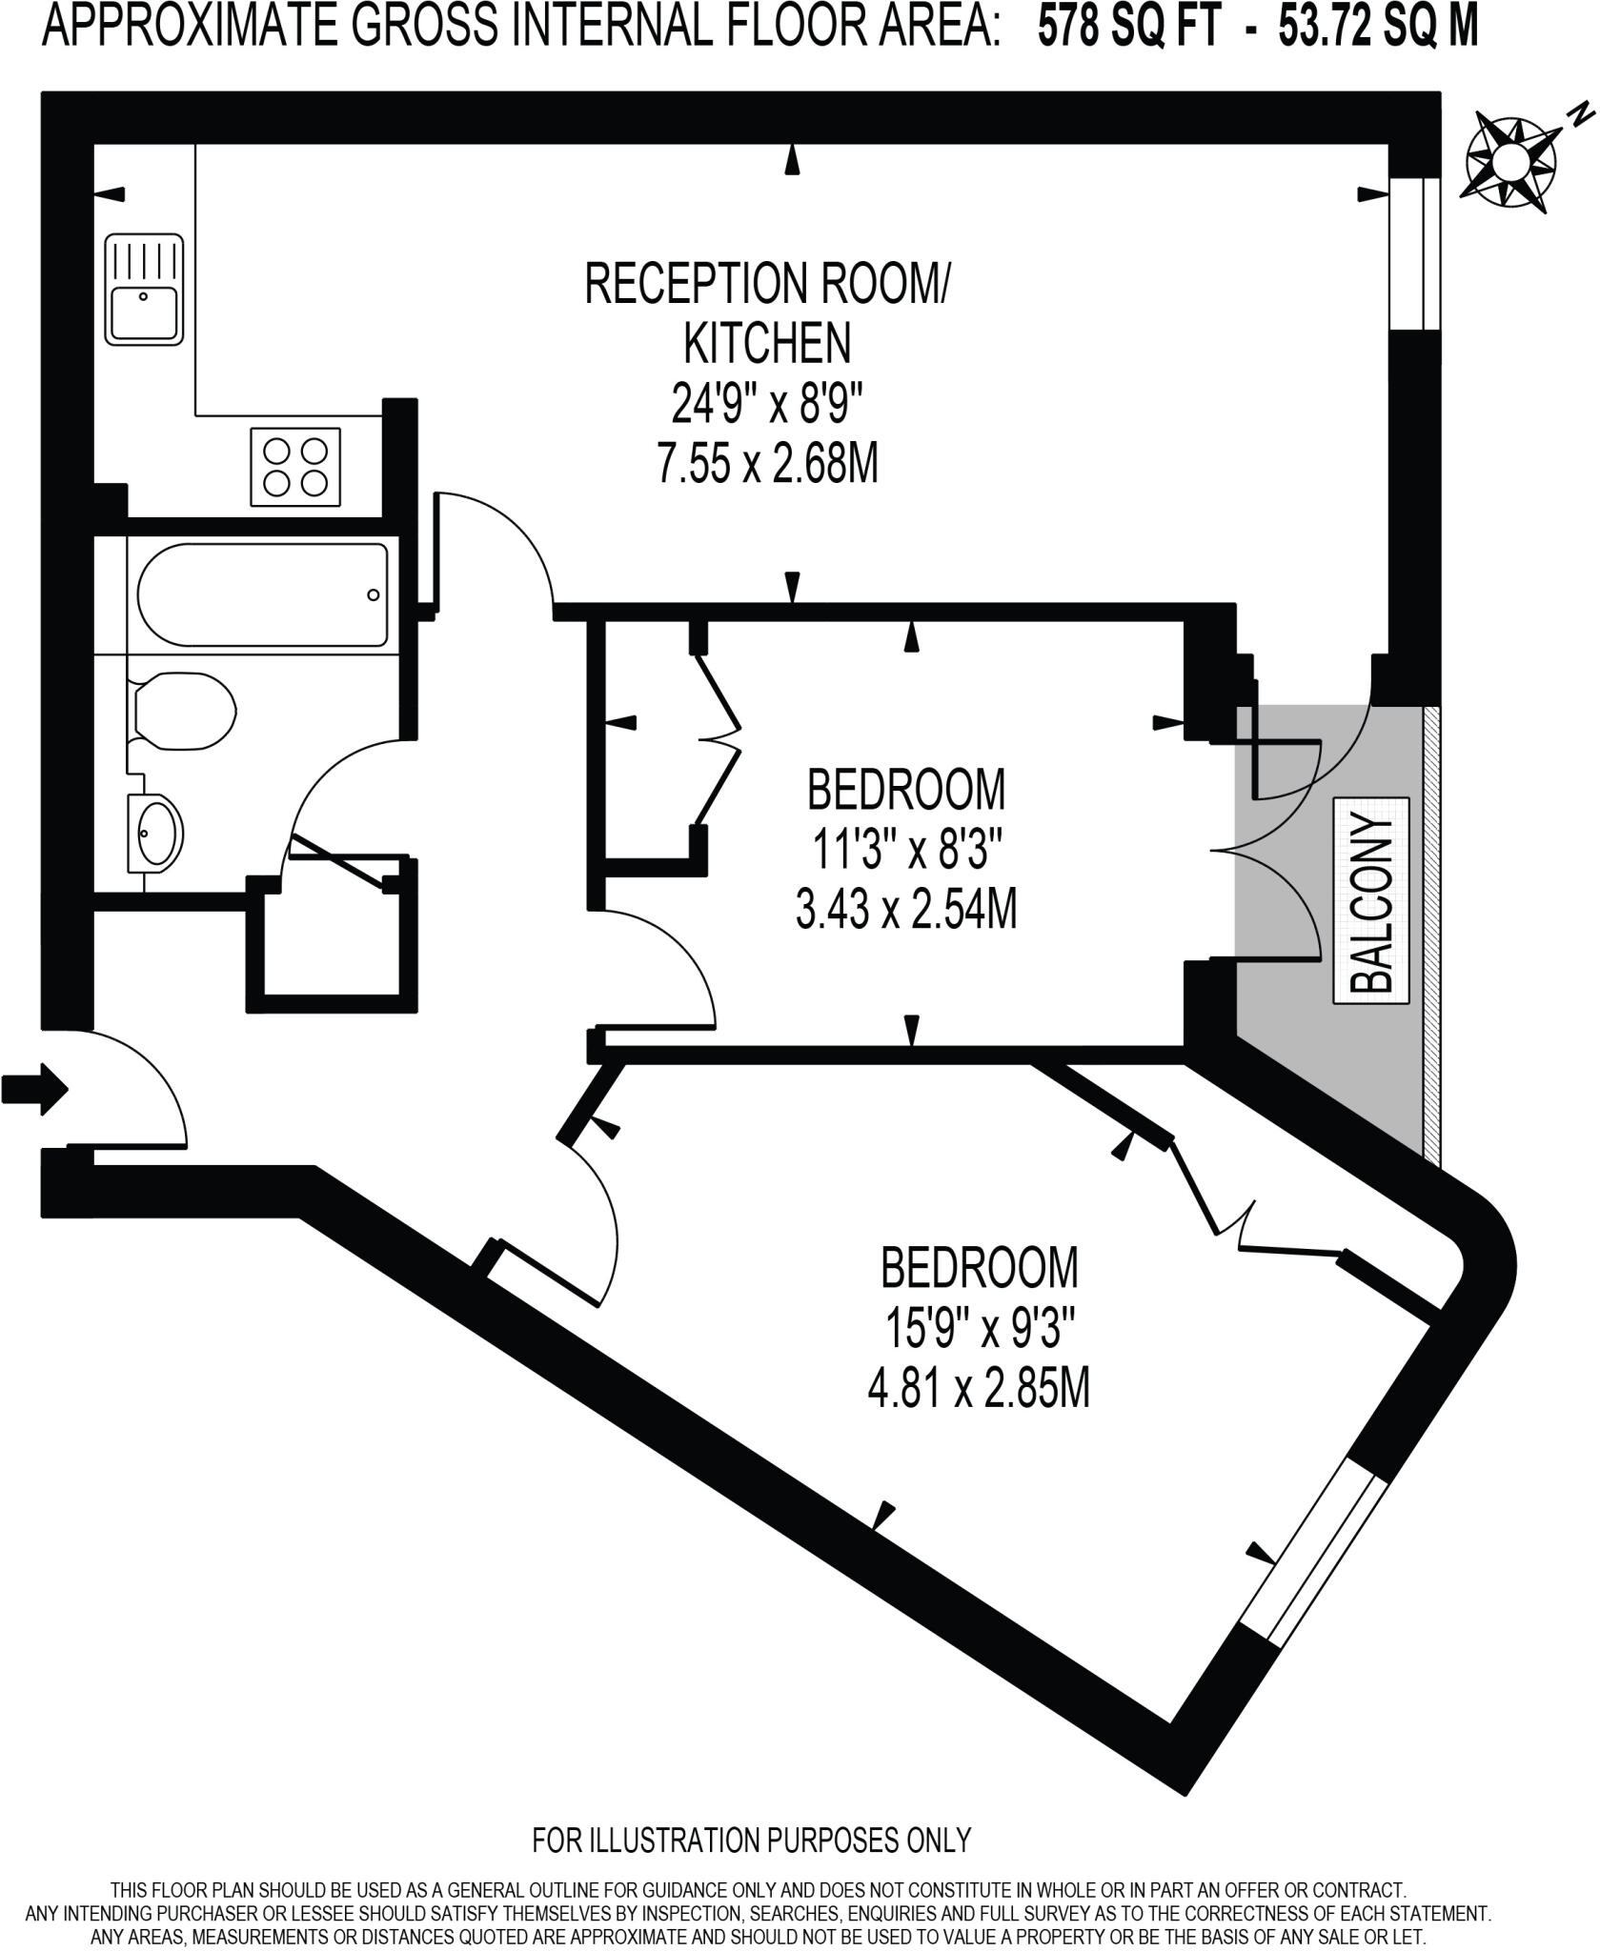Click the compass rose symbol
pos(1511,160)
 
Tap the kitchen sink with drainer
pos(144,289)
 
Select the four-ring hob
pos(294,467)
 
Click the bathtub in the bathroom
pos(262,594)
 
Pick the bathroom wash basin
pos(157,832)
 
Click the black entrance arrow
pos(35,1087)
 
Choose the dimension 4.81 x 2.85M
pos(978,1390)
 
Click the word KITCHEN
pos(767,344)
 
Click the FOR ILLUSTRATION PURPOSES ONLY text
pos(751,1840)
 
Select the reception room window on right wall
pos(1413,253)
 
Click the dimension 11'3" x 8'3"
pos(907,848)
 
